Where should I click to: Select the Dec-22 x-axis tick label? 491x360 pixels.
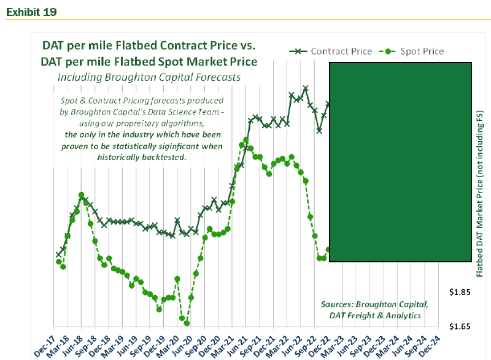325,344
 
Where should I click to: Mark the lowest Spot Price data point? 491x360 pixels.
187,323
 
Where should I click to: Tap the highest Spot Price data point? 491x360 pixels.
246,140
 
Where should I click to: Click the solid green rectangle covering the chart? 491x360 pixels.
401,161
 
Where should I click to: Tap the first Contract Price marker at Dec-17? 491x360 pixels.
58,254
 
